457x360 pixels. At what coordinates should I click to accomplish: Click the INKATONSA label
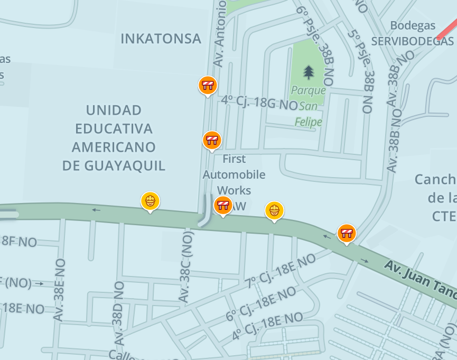(161, 39)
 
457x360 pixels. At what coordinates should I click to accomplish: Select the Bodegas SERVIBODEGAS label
(412, 33)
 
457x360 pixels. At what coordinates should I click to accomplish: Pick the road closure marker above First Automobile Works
(212, 140)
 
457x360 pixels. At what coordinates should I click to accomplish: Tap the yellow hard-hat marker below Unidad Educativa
(150, 200)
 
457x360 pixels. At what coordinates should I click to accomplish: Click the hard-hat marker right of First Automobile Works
(274, 210)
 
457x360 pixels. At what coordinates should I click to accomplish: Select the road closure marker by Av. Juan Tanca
(347, 233)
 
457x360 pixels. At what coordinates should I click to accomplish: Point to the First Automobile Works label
(234, 174)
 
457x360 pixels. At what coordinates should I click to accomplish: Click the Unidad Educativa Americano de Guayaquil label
(114, 138)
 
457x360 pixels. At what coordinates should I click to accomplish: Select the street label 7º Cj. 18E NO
(279, 271)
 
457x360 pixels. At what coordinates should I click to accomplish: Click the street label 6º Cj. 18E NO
(261, 303)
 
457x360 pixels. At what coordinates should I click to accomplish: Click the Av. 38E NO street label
(59, 290)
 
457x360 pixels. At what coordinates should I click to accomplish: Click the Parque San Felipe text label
(309, 106)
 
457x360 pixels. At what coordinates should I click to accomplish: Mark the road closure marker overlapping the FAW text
(223, 205)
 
